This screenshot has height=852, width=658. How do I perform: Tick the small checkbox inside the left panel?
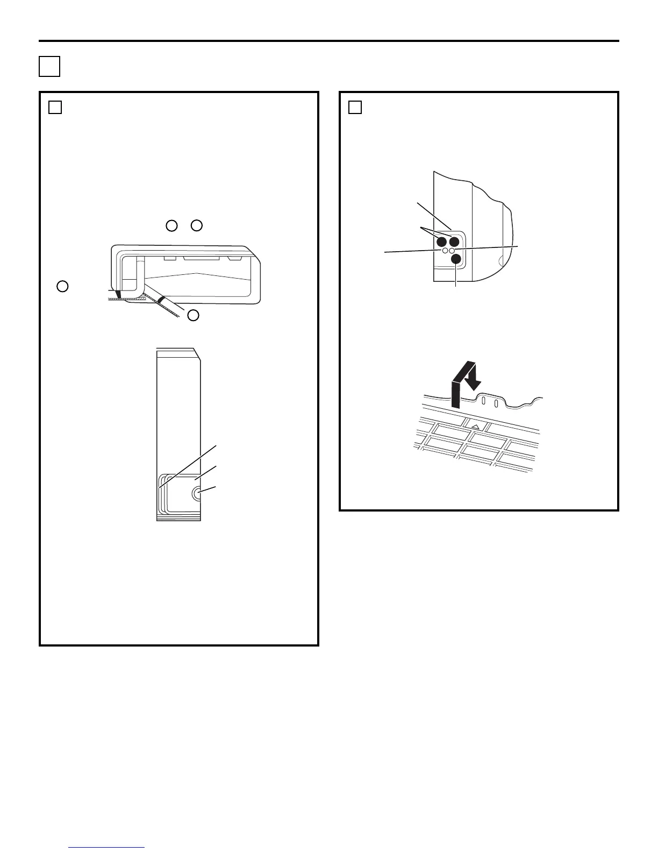point(55,108)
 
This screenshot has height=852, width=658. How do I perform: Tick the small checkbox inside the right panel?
point(354,108)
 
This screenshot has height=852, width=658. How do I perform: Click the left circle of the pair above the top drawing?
point(171,226)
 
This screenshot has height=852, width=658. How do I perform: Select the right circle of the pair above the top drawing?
point(197,226)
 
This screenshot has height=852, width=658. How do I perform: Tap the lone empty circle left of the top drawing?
point(62,286)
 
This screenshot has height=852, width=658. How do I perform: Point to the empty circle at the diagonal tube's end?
point(193,316)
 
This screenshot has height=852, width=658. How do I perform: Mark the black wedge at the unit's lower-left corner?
point(119,295)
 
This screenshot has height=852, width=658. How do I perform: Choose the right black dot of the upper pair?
point(456,242)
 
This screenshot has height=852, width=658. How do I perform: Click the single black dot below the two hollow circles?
point(456,259)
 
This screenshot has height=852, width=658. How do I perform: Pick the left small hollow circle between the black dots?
point(445,251)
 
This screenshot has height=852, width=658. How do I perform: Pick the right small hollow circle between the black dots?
point(452,251)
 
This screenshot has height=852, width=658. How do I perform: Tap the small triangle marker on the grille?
point(475,426)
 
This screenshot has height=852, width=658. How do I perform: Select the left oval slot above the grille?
point(483,401)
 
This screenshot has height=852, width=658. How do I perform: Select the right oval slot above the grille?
point(496,403)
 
